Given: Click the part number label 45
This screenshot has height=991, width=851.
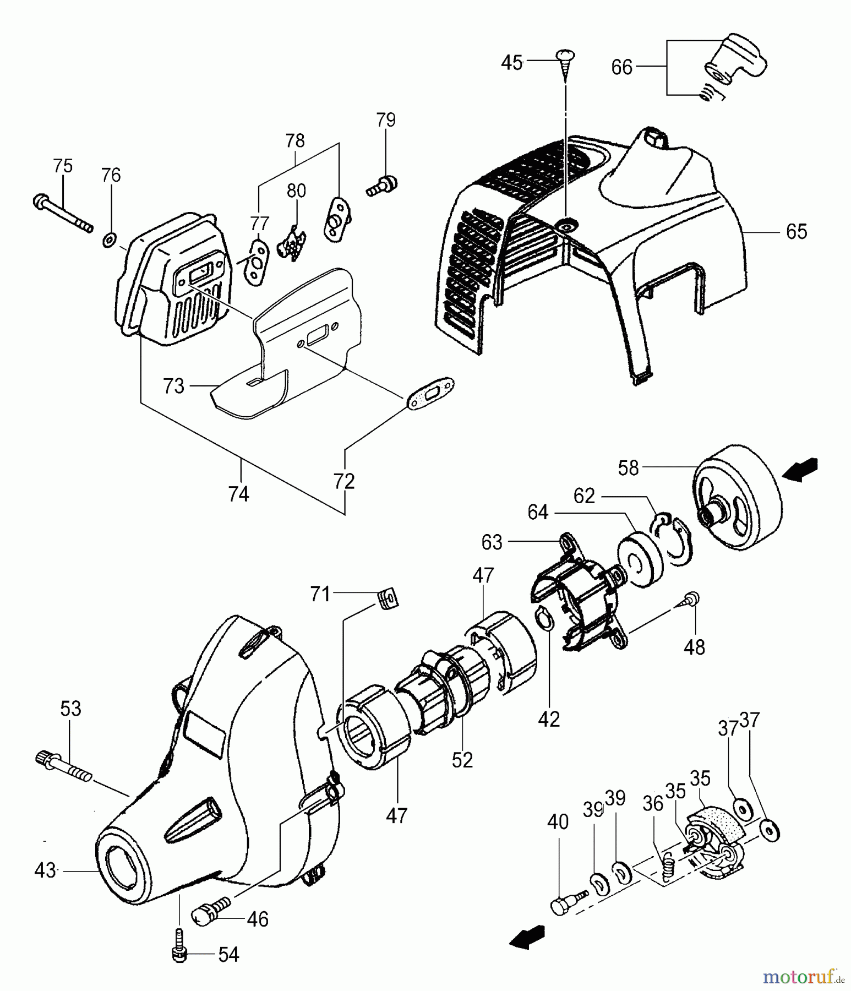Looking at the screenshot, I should (x=511, y=63).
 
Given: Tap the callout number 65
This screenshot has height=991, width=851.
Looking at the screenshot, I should (x=796, y=232).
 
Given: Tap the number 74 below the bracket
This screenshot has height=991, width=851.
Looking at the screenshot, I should (x=238, y=494).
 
